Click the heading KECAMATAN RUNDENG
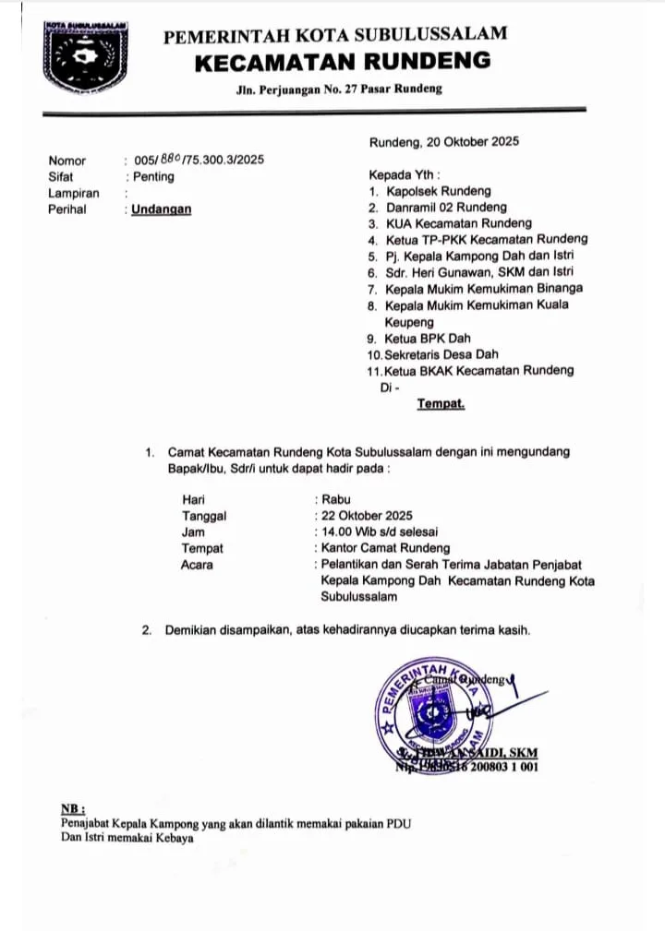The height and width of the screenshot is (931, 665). [x=342, y=63]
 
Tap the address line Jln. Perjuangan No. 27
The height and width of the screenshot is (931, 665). [x=337, y=89]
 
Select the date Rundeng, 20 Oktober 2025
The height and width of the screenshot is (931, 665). [x=443, y=142]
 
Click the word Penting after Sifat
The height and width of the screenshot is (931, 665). [x=152, y=176]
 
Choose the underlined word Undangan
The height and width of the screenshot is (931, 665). [x=162, y=209]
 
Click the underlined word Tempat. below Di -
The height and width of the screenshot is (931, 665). [x=441, y=403]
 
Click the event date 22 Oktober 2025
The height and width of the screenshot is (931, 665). [x=366, y=516]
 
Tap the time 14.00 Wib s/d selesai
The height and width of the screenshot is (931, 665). [x=379, y=532]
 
